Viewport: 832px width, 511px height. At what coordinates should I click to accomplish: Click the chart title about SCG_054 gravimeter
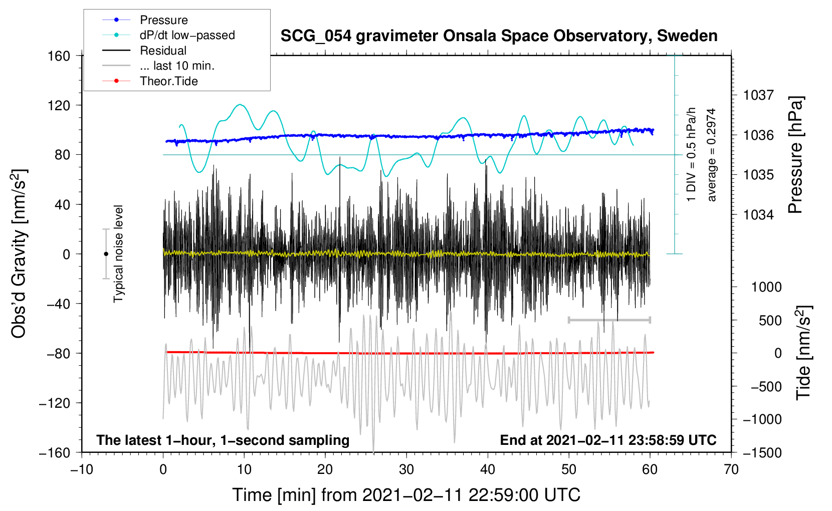click(499, 36)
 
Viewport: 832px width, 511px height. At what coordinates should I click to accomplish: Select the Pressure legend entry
click(163, 20)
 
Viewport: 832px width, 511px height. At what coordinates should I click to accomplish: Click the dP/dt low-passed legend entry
click(187, 35)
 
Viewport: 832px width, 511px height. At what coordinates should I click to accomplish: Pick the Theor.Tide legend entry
click(168, 81)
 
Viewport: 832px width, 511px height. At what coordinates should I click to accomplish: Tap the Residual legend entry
click(163, 51)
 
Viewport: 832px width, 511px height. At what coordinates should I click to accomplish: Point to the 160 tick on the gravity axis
click(59, 56)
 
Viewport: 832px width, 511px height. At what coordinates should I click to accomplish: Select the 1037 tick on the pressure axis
click(758, 95)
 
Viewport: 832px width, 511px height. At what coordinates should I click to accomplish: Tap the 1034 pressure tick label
click(758, 215)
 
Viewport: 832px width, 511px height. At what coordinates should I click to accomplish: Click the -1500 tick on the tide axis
click(762, 452)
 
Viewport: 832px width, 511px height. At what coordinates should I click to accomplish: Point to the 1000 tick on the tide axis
click(766, 287)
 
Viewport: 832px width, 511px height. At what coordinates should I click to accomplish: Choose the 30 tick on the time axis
click(406, 469)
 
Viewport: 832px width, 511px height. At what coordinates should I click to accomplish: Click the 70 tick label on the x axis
click(731, 469)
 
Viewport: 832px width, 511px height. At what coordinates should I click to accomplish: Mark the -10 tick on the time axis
click(82, 469)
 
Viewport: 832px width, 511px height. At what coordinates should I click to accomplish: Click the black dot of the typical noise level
click(106, 254)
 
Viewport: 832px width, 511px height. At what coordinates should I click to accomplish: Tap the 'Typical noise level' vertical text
click(118, 253)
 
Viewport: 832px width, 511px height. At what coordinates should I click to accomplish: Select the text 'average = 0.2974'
click(712, 155)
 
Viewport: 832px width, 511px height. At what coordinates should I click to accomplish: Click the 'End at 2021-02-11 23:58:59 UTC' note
click(608, 440)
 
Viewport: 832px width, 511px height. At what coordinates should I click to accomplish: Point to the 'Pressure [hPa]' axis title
click(795, 155)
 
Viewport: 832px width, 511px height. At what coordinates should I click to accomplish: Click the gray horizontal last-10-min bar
click(609, 320)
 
